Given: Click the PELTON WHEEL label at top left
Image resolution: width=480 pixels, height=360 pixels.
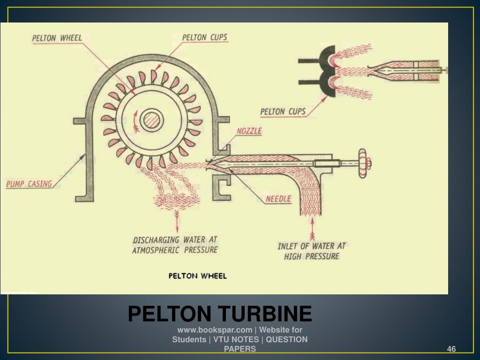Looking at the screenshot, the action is tap(57, 38).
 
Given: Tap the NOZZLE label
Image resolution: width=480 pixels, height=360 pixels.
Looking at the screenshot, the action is tap(249, 131).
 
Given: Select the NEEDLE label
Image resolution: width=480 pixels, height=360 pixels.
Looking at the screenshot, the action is tap(278, 199).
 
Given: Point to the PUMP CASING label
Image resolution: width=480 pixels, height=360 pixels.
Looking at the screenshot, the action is tap(29, 184).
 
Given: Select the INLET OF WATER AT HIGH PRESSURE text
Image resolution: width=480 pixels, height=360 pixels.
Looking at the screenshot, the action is tap(312, 251).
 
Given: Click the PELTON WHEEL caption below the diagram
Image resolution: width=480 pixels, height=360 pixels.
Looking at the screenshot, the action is tap(197, 276).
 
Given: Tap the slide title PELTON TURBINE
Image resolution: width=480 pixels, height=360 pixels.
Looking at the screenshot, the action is tap(220, 314).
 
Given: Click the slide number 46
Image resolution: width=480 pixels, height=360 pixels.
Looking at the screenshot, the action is tap(451, 349).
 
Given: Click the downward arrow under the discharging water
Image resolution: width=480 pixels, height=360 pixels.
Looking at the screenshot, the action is tap(177, 220).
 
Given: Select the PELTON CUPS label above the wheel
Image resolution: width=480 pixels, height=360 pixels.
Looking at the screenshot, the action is tap(204, 37).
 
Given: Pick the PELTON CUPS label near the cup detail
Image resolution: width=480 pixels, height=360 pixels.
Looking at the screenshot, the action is tap(283, 111).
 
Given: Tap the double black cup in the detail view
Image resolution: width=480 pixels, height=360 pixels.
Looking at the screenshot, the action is tap(326, 72).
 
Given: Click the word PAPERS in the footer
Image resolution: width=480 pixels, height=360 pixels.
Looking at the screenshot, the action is tap(240, 349).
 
